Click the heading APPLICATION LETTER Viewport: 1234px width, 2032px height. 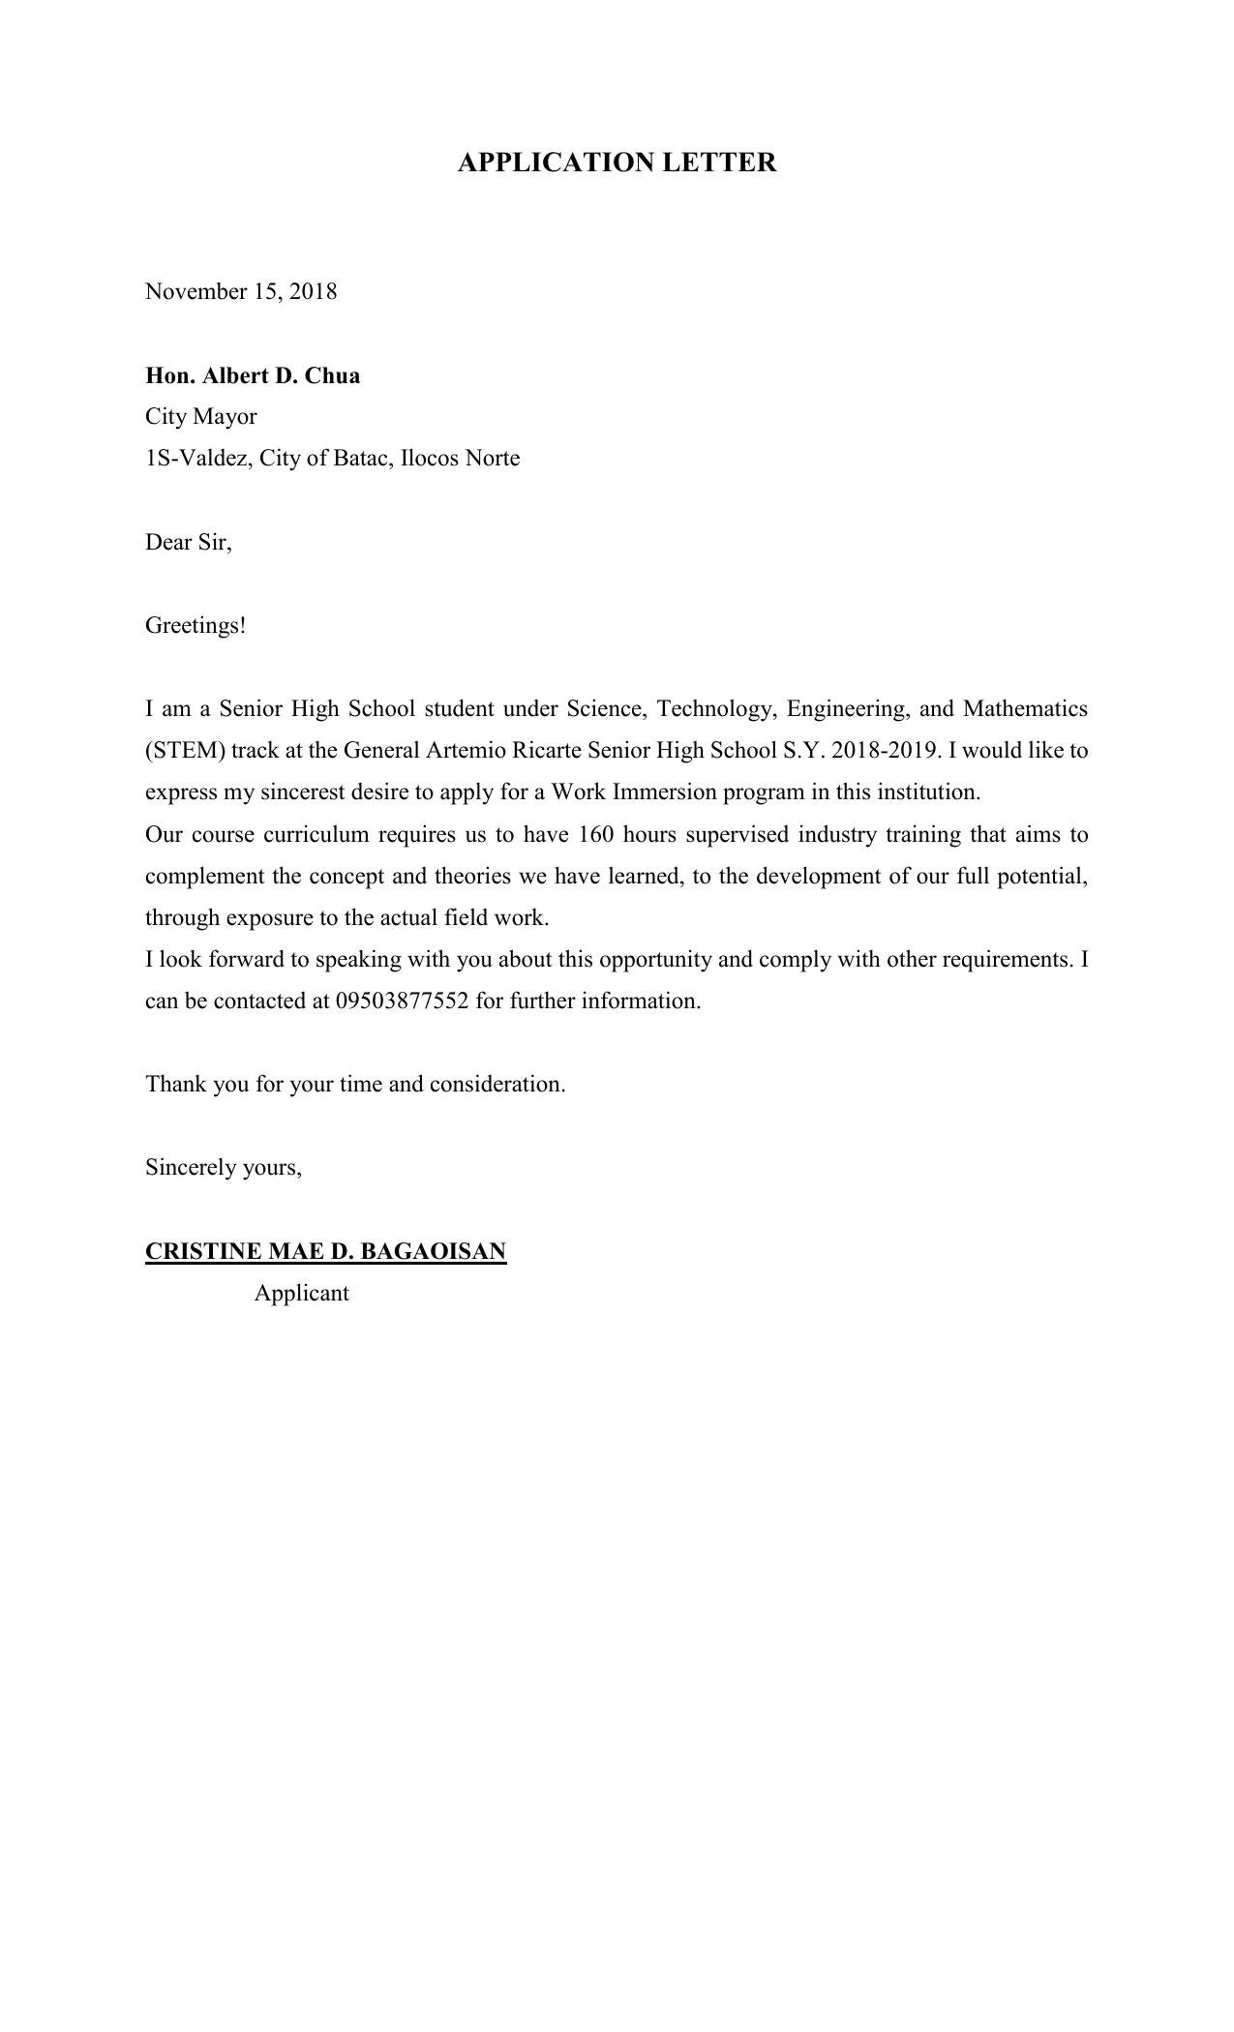coord(617,163)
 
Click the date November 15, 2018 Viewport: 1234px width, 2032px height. coord(241,292)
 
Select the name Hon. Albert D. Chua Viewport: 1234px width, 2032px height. coord(253,375)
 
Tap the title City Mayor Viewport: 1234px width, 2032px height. coord(201,417)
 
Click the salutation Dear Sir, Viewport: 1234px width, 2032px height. coord(189,542)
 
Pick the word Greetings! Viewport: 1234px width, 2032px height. coord(196,626)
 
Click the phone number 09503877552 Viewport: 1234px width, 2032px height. coord(402,1001)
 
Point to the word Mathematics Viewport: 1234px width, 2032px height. coord(1025,709)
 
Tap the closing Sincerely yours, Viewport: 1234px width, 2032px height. coord(224,1168)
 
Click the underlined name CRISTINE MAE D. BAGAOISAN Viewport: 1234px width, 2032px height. coord(325,1251)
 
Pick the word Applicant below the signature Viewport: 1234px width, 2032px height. coord(301,1294)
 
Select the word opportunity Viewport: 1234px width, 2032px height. coord(656,960)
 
